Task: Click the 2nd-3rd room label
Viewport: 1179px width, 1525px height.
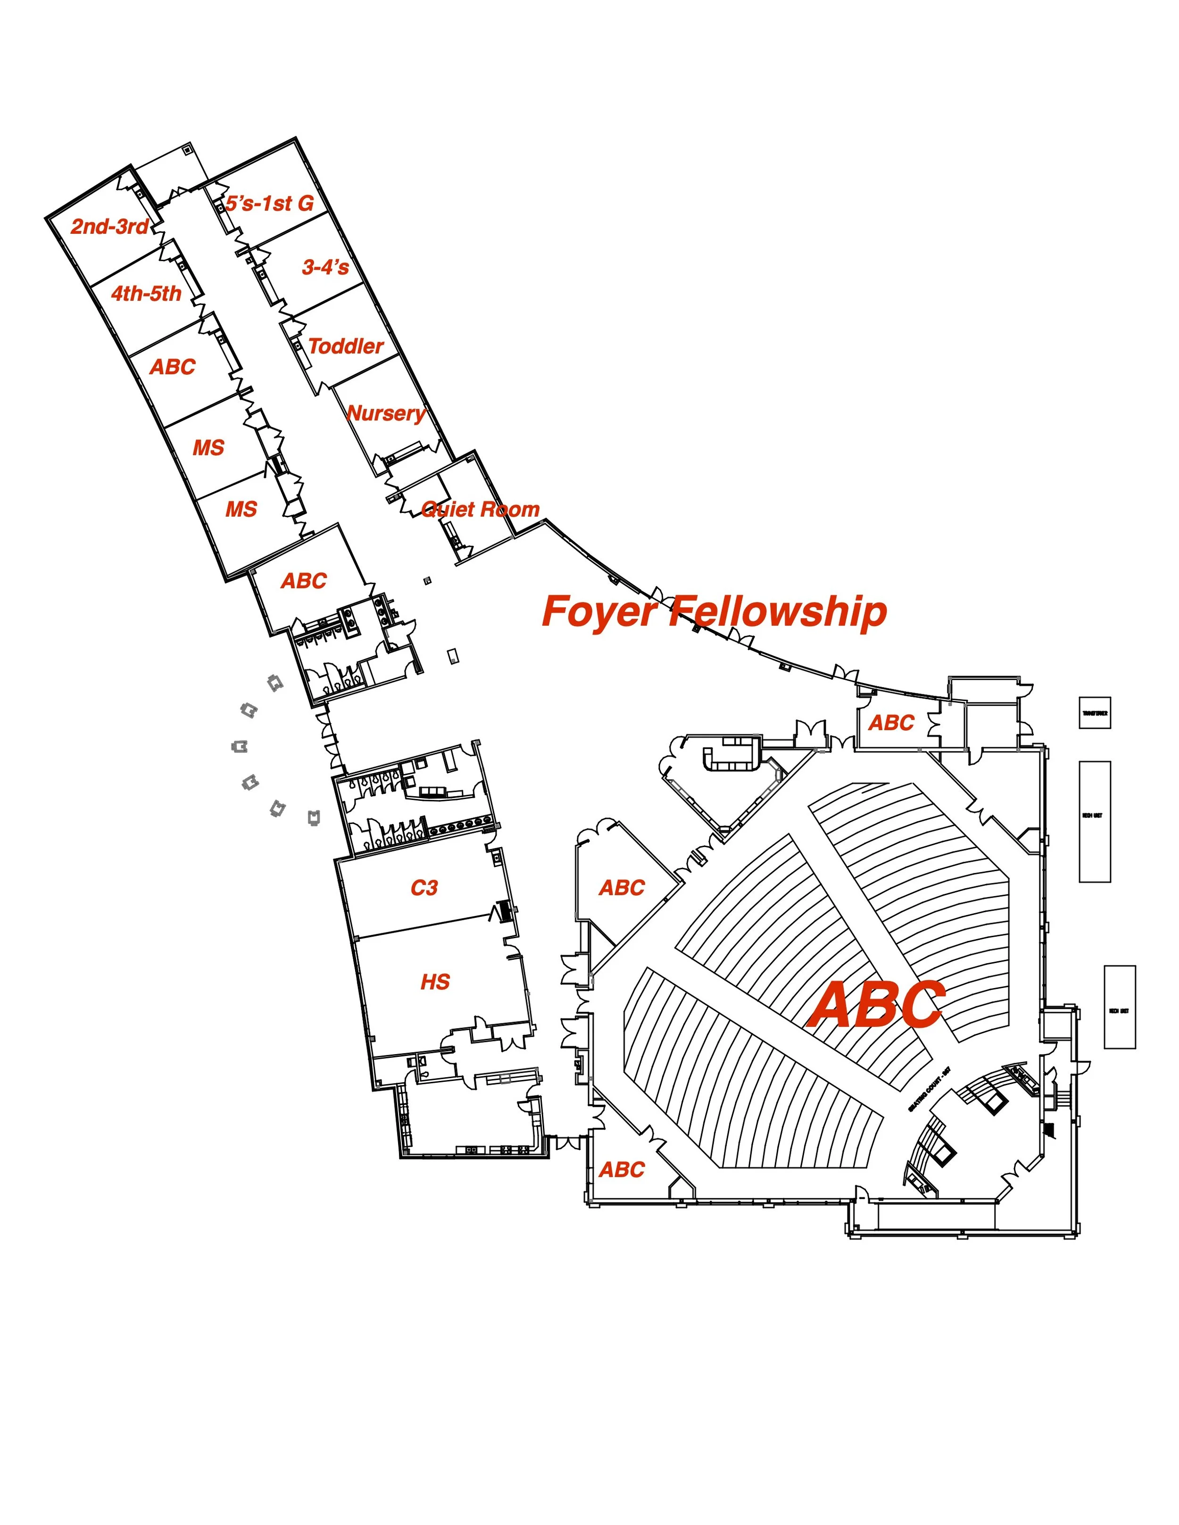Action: pos(110,226)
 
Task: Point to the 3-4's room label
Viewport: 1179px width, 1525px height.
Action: pos(325,267)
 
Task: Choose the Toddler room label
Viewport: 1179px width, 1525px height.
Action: pos(346,346)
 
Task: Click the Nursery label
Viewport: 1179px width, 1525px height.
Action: pos(386,413)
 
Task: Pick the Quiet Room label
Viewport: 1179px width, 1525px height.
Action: pos(481,509)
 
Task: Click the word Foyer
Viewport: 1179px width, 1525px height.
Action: pos(599,612)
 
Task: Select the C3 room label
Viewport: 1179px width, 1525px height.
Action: pos(424,888)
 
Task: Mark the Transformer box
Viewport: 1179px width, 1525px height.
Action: pos(1095,713)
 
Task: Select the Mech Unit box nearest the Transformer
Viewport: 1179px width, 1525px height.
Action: pos(1095,821)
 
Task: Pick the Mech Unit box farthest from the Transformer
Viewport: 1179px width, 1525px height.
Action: pos(1119,1007)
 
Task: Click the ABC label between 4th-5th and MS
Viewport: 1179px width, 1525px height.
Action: pos(173,367)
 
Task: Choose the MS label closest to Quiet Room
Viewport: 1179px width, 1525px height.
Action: pos(241,509)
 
